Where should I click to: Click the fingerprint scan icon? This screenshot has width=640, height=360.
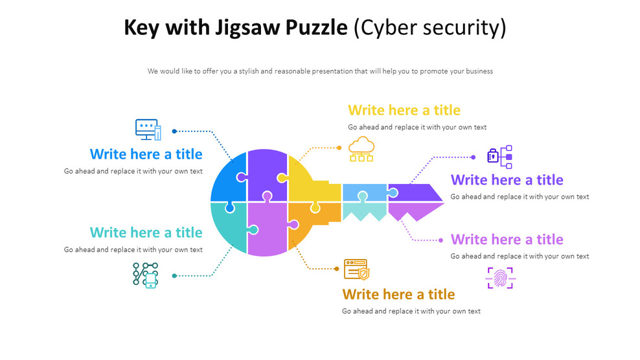click(500, 278)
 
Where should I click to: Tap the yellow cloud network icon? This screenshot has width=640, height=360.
click(361, 149)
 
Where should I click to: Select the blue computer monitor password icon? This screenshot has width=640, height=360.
click(148, 129)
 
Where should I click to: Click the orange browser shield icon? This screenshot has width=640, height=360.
click(356, 269)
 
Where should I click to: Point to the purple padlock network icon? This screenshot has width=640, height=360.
click(499, 157)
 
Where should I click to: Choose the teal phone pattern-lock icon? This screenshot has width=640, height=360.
click(146, 275)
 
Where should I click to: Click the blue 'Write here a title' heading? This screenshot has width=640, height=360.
click(146, 154)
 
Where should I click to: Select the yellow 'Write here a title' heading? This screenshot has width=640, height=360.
click(404, 110)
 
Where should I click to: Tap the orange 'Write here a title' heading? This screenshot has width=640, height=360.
click(398, 295)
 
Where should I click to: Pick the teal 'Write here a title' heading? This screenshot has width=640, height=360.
click(146, 232)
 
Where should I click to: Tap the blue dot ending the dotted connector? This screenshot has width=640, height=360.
click(174, 131)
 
